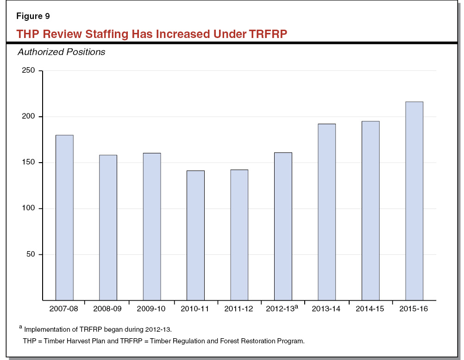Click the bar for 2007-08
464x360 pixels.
(x=64, y=218)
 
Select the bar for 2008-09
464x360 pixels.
(x=108, y=227)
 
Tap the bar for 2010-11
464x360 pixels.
(x=195, y=235)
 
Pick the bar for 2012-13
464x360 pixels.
(x=283, y=226)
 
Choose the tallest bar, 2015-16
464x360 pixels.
(x=414, y=201)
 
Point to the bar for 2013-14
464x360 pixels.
(x=326, y=212)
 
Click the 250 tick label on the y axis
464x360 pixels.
(x=28, y=71)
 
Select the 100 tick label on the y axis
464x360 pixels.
(x=28, y=209)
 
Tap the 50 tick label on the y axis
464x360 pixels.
(x=30, y=255)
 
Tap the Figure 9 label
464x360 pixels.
(x=33, y=16)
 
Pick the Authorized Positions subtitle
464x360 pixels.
(x=61, y=52)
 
